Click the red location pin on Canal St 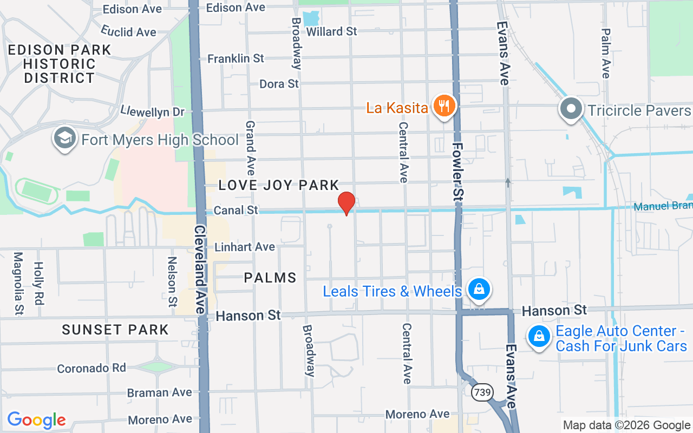346,203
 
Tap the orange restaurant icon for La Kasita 444,106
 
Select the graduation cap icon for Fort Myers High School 64,139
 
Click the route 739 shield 481,392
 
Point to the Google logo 36,420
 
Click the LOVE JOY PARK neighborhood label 279,186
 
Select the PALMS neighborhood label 270,278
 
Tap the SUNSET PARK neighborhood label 115,330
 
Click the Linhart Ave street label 245,247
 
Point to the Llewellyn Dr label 153,111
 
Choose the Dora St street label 279,84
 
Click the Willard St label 331,31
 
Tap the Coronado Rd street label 91,368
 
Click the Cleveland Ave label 200,269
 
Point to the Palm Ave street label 606,53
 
